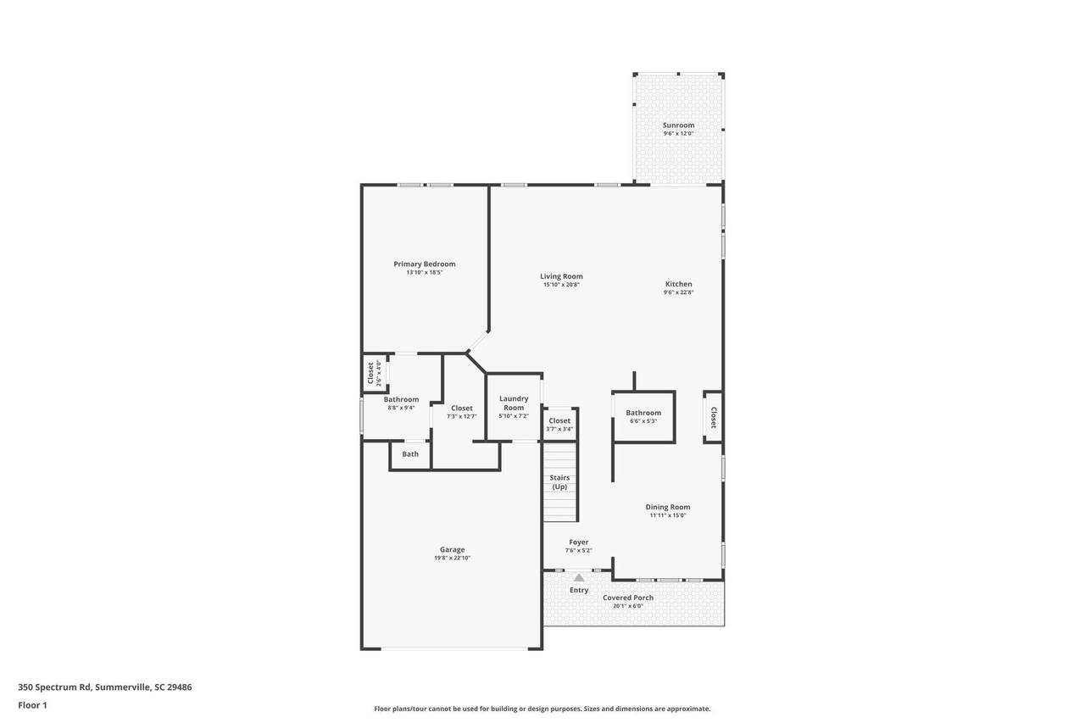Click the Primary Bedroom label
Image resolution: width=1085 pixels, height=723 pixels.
pyautogui.click(x=425, y=264)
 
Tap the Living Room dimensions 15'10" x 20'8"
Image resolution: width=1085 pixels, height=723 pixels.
pyautogui.click(x=561, y=285)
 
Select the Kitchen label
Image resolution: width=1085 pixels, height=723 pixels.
pyautogui.click(x=679, y=284)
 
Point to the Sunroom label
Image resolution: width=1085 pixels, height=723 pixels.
pyautogui.click(x=679, y=125)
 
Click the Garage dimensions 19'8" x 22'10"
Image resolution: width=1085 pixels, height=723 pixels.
pyautogui.click(x=453, y=558)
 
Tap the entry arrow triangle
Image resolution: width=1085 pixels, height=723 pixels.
pyautogui.click(x=579, y=578)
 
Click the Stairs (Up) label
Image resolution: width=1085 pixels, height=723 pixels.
pyautogui.click(x=559, y=481)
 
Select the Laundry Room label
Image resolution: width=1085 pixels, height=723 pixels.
pyautogui.click(x=514, y=403)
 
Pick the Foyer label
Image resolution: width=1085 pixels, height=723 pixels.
pyautogui.click(x=579, y=542)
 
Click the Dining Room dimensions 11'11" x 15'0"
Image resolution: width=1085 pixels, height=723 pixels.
pyautogui.click(x=668, y=515)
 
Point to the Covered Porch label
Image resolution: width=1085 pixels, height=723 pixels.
pyautogui.click(x=628, y=598)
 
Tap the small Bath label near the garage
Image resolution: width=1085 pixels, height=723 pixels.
pyautogui.click(x=410, y=453)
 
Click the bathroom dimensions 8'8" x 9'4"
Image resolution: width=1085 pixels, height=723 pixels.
pyautogui.click(x=401, y=408)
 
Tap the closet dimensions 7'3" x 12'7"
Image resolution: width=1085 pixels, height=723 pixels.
pyautogui.click(x=462, y=416)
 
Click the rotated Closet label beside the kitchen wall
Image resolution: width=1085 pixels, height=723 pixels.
pyautogui.click(x=714, y=417)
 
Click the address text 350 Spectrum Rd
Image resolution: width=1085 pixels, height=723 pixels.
pyautogui.click(x=54, y=687)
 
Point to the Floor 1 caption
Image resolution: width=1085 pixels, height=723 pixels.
pyautogui.click(x=32, y=705)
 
